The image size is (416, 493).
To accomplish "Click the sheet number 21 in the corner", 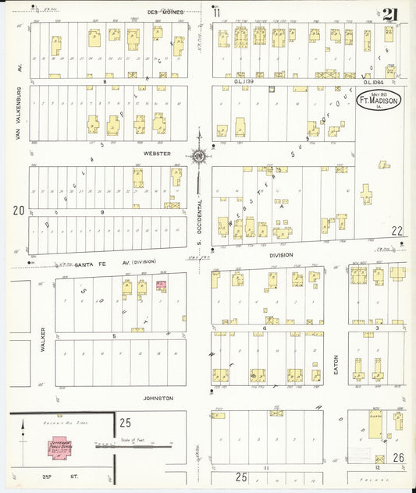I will coord(390,14).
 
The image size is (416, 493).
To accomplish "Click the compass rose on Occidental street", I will coord(200,156).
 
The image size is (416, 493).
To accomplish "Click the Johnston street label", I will coord(158,398).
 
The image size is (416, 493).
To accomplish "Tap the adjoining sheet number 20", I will coord(17,210).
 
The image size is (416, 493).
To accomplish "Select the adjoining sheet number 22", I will coord(397,231).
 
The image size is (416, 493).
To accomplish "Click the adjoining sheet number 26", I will coord(398,457).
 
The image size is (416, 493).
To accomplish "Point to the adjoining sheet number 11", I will coord(216,12).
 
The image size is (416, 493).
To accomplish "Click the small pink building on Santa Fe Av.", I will coord(162,286).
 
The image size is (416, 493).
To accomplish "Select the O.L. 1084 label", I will coord(371,81).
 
